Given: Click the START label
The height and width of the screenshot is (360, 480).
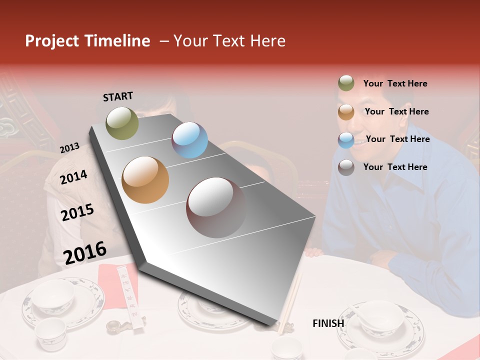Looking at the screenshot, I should tap(118, 96).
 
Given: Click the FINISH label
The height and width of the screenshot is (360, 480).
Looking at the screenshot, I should tap(328, 323).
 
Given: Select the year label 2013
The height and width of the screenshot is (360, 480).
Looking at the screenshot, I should tap(69, 147).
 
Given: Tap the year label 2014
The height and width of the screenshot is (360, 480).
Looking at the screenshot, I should tap(73, 177).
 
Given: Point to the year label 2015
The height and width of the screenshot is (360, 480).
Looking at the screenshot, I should tap(77, 212).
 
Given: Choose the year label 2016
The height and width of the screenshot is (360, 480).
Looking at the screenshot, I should tap(85, 252).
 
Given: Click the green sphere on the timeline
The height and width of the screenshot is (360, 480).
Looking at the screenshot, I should tap(122, 123).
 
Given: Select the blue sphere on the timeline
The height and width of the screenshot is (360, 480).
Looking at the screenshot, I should tap(189, 140).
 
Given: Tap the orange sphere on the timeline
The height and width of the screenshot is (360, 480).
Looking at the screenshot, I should tap(145, 180).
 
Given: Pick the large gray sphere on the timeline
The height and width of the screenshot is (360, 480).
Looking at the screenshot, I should tap(216, 207).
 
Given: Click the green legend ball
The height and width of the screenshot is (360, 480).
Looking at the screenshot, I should tap(346, 83).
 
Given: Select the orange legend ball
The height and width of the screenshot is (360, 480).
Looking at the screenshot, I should tap(346, 112).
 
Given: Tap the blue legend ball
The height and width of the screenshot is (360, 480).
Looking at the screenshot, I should tap(346, 139).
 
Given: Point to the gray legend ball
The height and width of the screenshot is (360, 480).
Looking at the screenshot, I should tap(346, 167).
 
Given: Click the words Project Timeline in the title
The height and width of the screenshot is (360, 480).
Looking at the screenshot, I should tap(87, 41).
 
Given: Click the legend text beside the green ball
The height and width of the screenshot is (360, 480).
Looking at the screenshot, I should tap(395, 83).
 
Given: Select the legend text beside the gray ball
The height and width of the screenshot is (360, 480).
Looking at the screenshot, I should tap(395, 167).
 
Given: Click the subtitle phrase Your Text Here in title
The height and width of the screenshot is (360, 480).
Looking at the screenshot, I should tap(229, 41).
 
